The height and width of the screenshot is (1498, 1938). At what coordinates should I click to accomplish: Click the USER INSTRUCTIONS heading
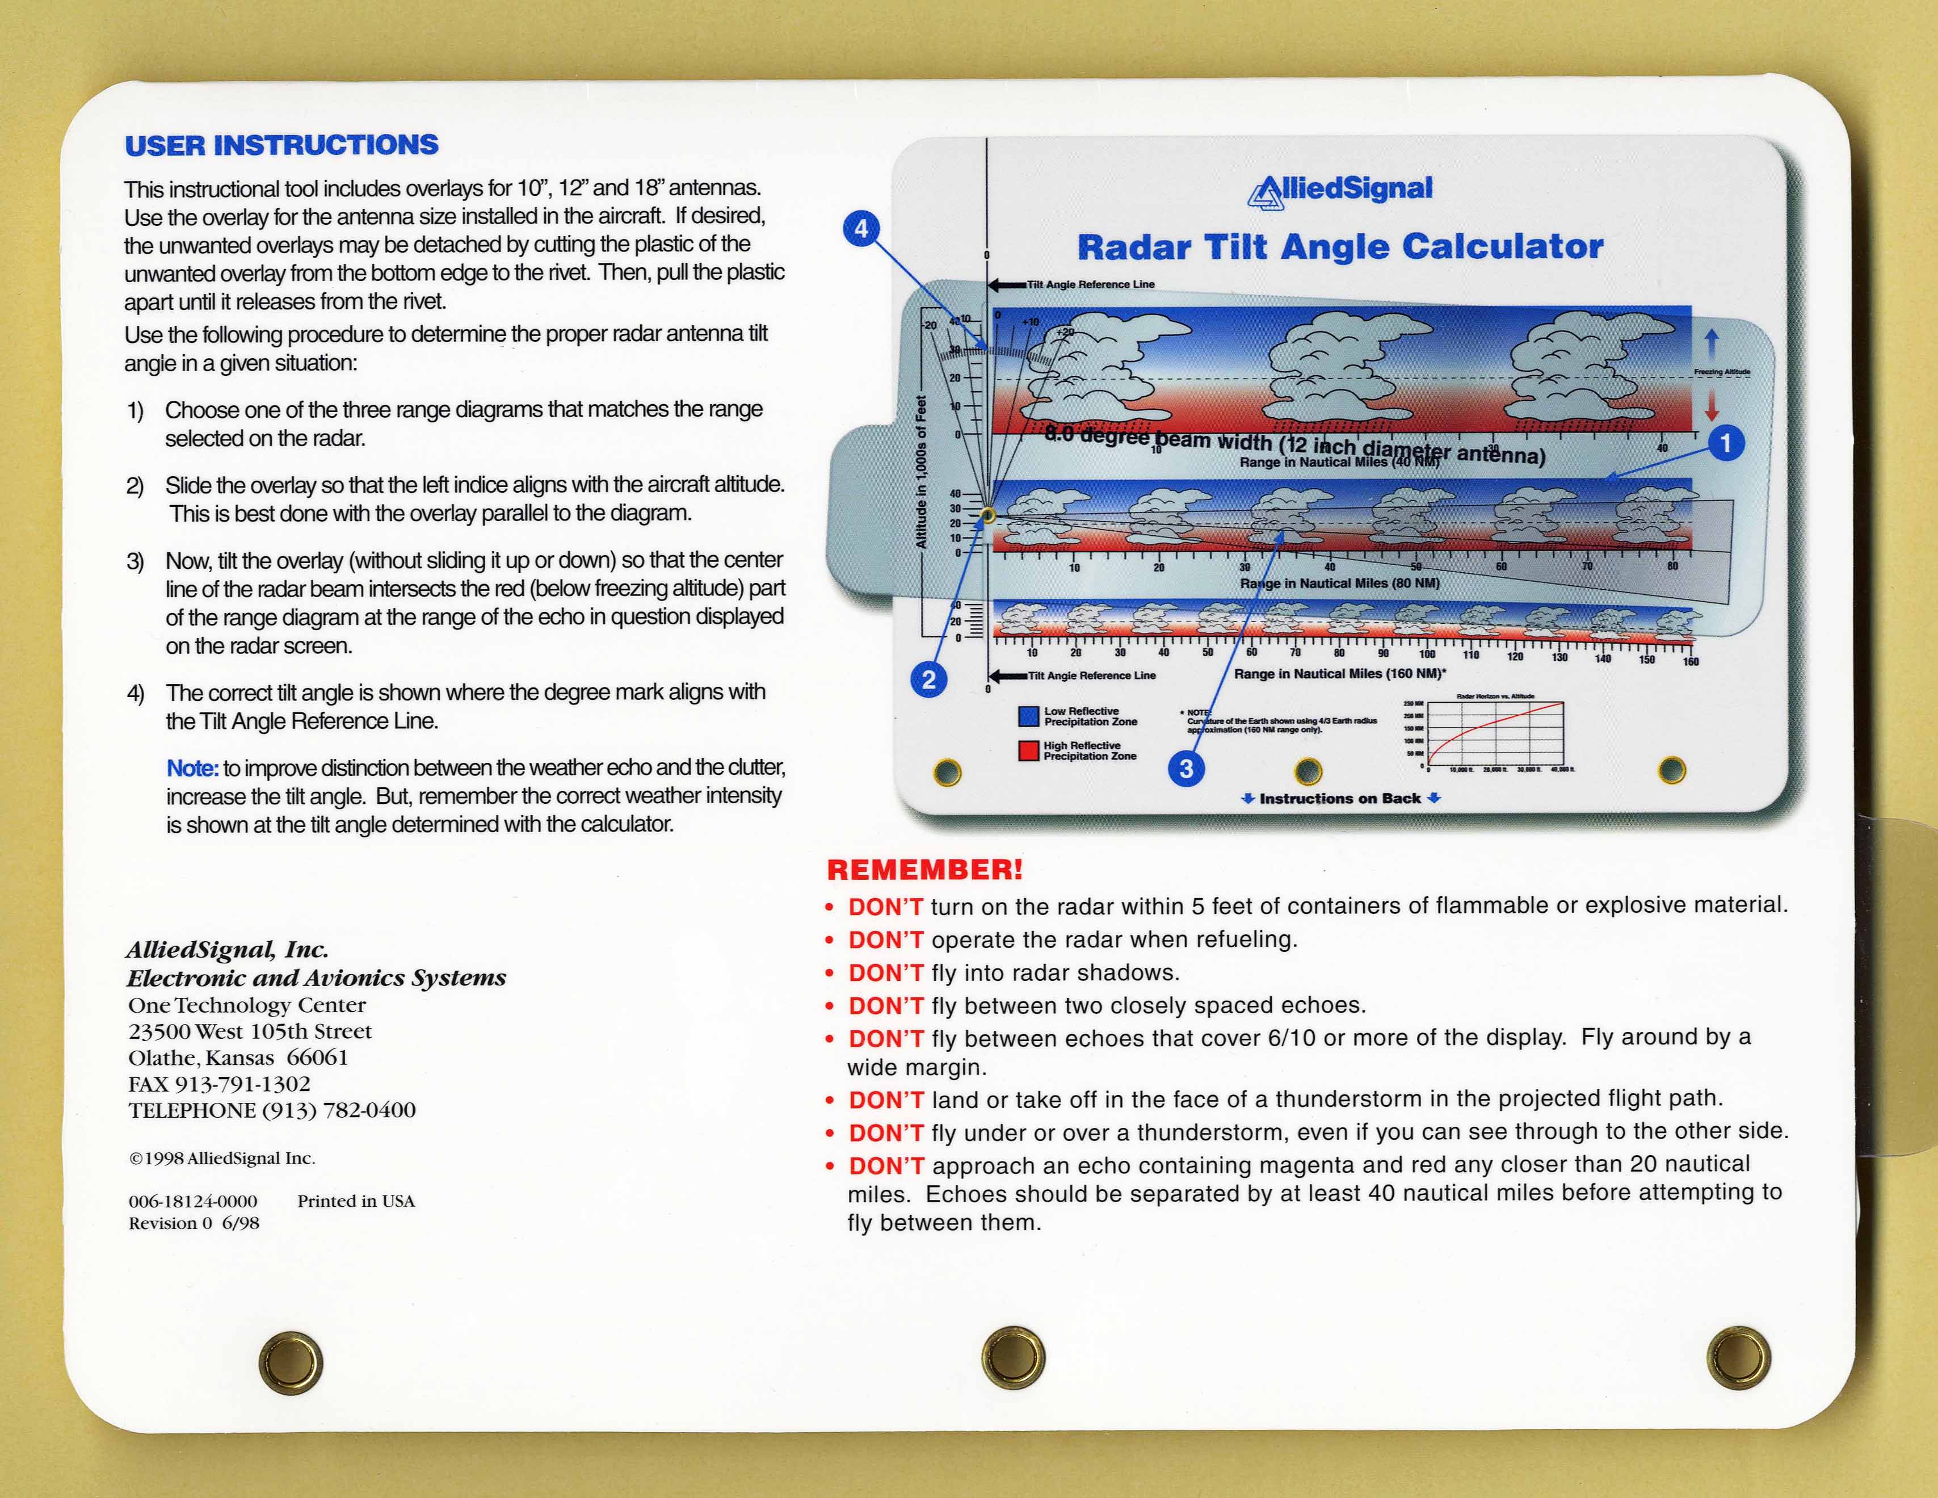pos(281,145)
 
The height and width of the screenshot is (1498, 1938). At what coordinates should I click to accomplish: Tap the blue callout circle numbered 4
pos(861,229)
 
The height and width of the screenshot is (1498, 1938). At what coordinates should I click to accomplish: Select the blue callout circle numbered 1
pos(1725,442)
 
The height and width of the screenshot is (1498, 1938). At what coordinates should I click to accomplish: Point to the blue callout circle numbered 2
pos(928,680)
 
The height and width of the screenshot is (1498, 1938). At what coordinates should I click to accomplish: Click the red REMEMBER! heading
pos(924,870)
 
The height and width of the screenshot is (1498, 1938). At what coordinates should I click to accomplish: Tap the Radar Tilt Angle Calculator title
pos(1340,247)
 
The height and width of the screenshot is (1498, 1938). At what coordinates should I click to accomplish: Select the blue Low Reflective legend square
pos(1028,716)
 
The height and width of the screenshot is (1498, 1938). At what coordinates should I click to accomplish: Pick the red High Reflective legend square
pos(1028,751)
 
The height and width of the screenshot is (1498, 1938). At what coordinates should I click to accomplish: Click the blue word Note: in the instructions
pos(192,767)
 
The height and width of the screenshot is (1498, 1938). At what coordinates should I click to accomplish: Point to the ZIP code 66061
pos(318,1058)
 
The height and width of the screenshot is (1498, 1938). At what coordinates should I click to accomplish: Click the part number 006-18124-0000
pos(192,1202)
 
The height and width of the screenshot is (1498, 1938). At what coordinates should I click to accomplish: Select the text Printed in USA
pos(356,1202)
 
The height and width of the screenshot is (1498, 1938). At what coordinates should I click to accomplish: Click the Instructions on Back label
pos(1340,799)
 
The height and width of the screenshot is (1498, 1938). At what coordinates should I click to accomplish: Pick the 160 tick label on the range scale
pos(1691,662)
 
